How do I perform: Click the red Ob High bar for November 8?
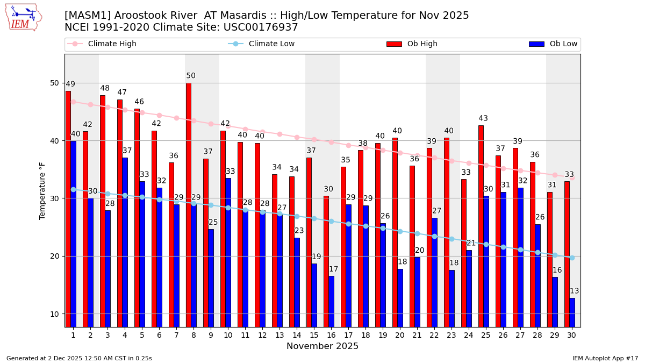coord(189,204)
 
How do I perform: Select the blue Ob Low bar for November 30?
coord(572,312)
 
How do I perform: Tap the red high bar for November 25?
coord(481,226)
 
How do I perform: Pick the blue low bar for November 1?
coord(74,234)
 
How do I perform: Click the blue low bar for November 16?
coord(332,301)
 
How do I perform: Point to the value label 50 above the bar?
coord(191,76)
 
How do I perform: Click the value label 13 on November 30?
coord(575,291)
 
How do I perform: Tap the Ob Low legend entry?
coord(553,44)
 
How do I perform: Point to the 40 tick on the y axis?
coord(55,141)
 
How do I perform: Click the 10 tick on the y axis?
coord(55,314)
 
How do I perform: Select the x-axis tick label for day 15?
coord(314,335)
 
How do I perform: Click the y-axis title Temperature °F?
coord(42,190)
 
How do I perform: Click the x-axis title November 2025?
coord(322,346)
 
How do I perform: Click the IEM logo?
coord(23,17)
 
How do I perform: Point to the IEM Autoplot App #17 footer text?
coord(605,358)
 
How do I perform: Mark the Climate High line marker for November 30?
coord(572,177)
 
